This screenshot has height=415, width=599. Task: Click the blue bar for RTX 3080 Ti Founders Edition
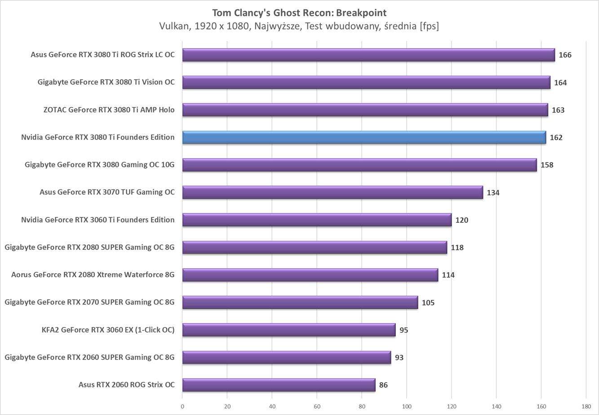[364, 137]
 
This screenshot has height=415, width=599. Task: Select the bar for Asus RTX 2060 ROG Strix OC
[279, 385]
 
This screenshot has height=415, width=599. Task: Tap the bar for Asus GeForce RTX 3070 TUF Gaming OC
[333, 192]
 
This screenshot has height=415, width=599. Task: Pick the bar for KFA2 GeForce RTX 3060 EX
[288, 330]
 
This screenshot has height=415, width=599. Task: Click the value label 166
[565, 55]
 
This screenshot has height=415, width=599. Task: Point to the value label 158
[547, 165]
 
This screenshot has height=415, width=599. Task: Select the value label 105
[428, 302]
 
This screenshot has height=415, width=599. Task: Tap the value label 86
[383, 385]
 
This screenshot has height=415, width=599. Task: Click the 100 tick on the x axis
[407, 406]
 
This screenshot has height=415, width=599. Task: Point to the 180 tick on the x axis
[586, 406]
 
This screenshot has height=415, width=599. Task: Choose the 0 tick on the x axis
[182, 406]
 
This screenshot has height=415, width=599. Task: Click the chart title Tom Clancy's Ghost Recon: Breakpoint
[299, 13]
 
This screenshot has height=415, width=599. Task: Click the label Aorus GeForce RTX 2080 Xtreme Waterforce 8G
[93, 275]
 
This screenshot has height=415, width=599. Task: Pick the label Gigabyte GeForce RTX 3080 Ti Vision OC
[106, 82]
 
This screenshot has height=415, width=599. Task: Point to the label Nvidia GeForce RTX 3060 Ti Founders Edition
[98, 220]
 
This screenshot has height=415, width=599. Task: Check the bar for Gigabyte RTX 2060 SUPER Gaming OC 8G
[286, 357]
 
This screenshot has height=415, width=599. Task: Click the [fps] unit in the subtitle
[429, 26]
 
